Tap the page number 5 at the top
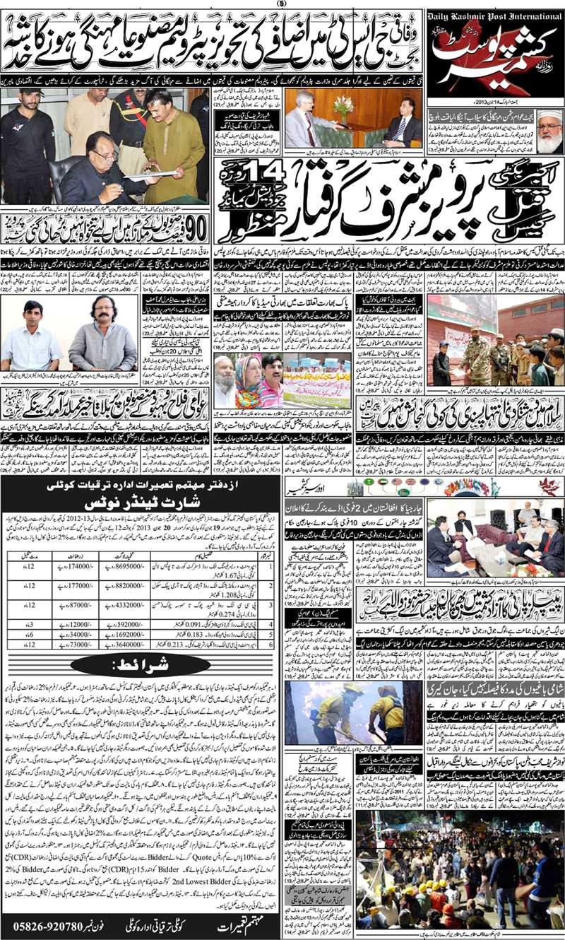tap(282, 4)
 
